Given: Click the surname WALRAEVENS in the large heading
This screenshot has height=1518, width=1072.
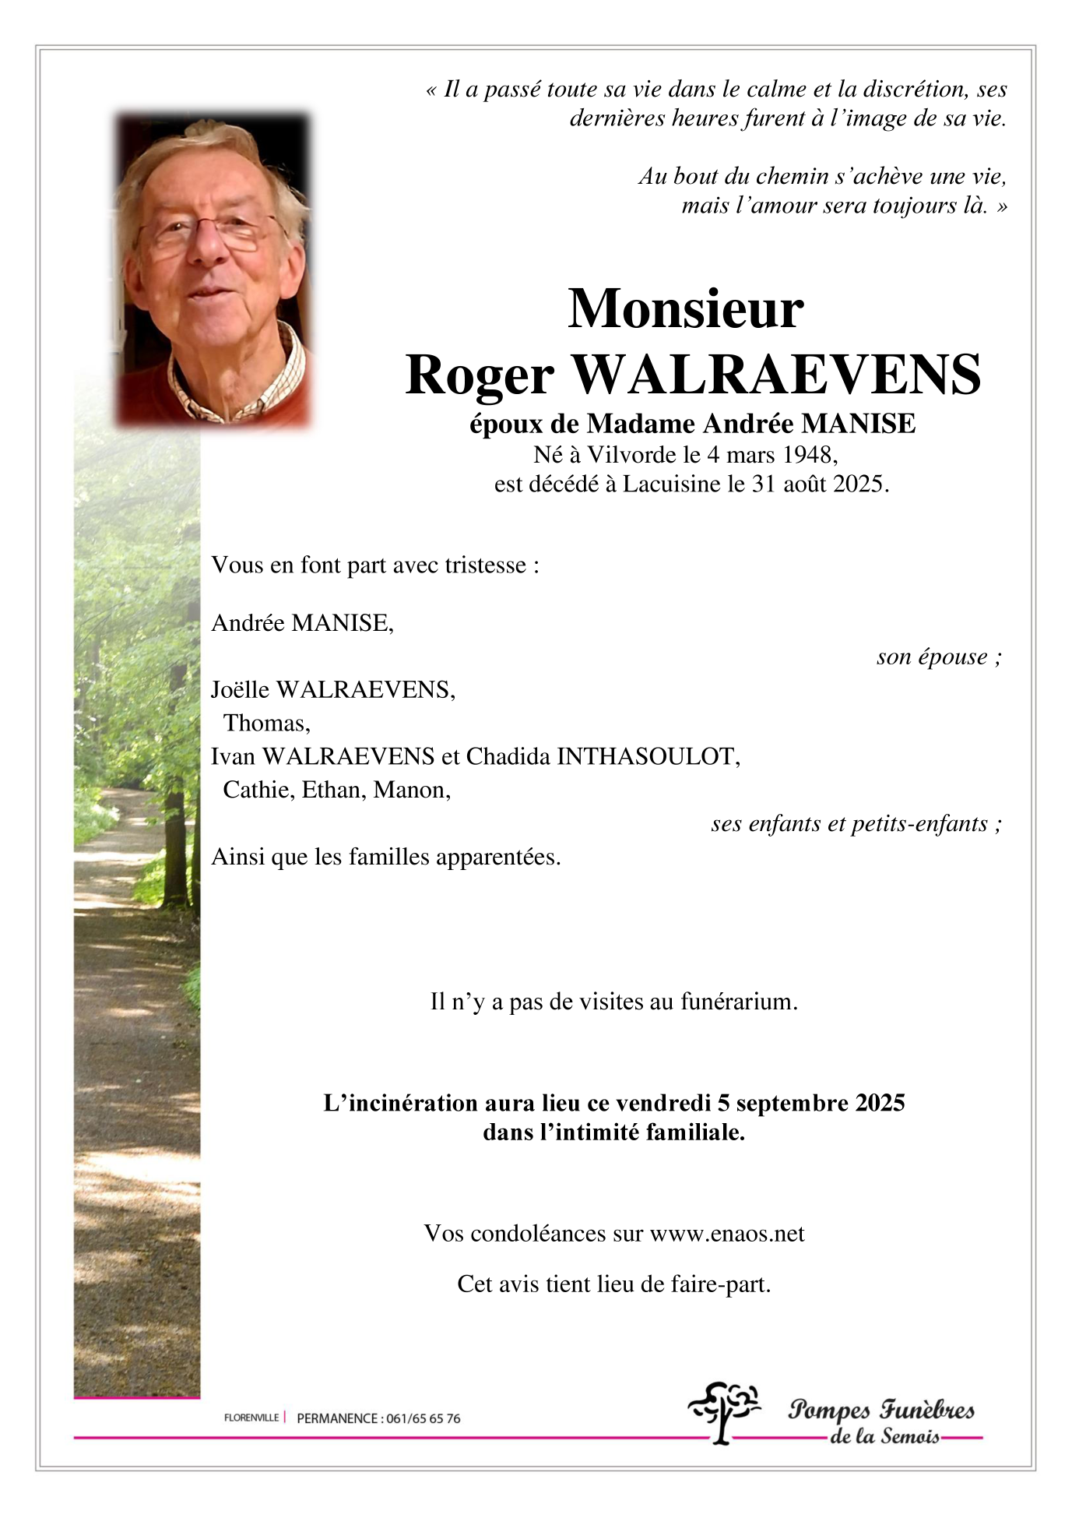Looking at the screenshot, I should click(x=776, y=375).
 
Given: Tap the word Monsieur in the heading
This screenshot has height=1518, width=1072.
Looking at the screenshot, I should click(x=685, y=309).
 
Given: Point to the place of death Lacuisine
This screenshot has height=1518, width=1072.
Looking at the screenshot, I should click(x=671, y=484).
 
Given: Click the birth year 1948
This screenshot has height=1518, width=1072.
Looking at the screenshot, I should click(x=807, y=454).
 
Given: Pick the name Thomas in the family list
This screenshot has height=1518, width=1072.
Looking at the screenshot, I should click(x=265, y=724).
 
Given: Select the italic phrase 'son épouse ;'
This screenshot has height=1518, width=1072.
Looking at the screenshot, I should click(x=938, y=657).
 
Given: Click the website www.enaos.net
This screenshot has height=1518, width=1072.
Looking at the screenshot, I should click(x=727, y=1234).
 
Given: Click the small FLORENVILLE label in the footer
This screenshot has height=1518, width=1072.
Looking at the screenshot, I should click(x=251, y=1418).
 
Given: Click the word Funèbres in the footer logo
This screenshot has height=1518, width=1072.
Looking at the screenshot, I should click(x=926, y=1410).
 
